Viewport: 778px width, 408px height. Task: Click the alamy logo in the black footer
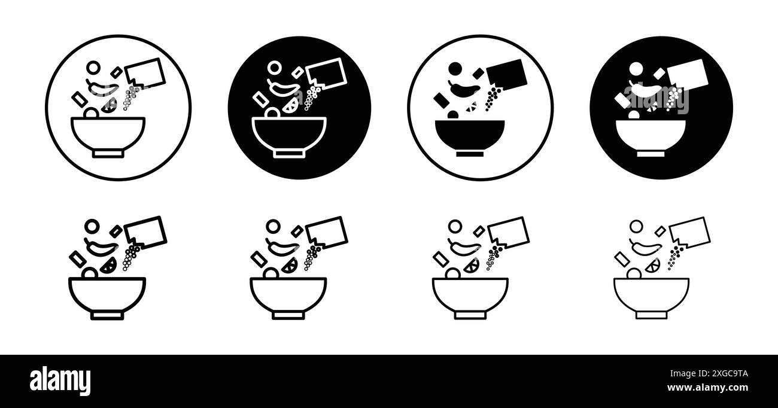click(60, 380)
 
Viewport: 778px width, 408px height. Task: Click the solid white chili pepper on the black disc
click(644, 91)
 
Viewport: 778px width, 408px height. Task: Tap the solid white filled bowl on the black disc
click(651, 134)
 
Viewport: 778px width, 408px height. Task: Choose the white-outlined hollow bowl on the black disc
click(289, 134)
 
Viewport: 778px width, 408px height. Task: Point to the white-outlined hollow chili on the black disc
click(283, 90)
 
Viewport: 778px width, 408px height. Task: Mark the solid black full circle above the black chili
click(455, 69)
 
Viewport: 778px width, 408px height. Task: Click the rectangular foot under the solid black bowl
click(470, 153)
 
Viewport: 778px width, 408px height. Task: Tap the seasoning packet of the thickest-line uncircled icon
click(145, 232)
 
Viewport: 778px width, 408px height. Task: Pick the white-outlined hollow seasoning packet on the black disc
click(326, 74)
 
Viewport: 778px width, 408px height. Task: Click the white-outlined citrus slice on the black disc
click(291, 105)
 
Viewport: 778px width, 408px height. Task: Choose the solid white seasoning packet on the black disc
click(688, 75)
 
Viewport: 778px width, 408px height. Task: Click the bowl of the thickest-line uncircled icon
click(108, 294)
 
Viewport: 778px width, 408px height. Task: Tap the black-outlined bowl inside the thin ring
click(108, 134)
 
